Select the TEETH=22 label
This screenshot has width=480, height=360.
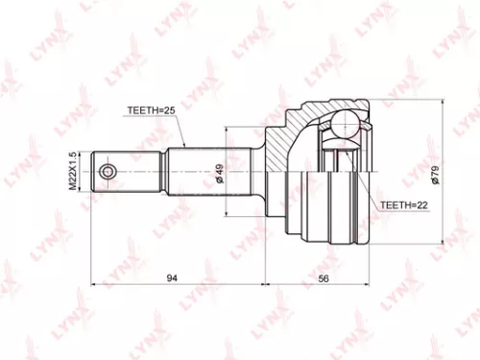click(x=401, y=204)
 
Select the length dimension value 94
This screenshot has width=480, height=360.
click(x=172, y=277)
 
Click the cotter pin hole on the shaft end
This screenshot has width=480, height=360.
click(x=108, y=172)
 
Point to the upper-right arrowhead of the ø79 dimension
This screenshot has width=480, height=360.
click(x=444, y=101)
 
